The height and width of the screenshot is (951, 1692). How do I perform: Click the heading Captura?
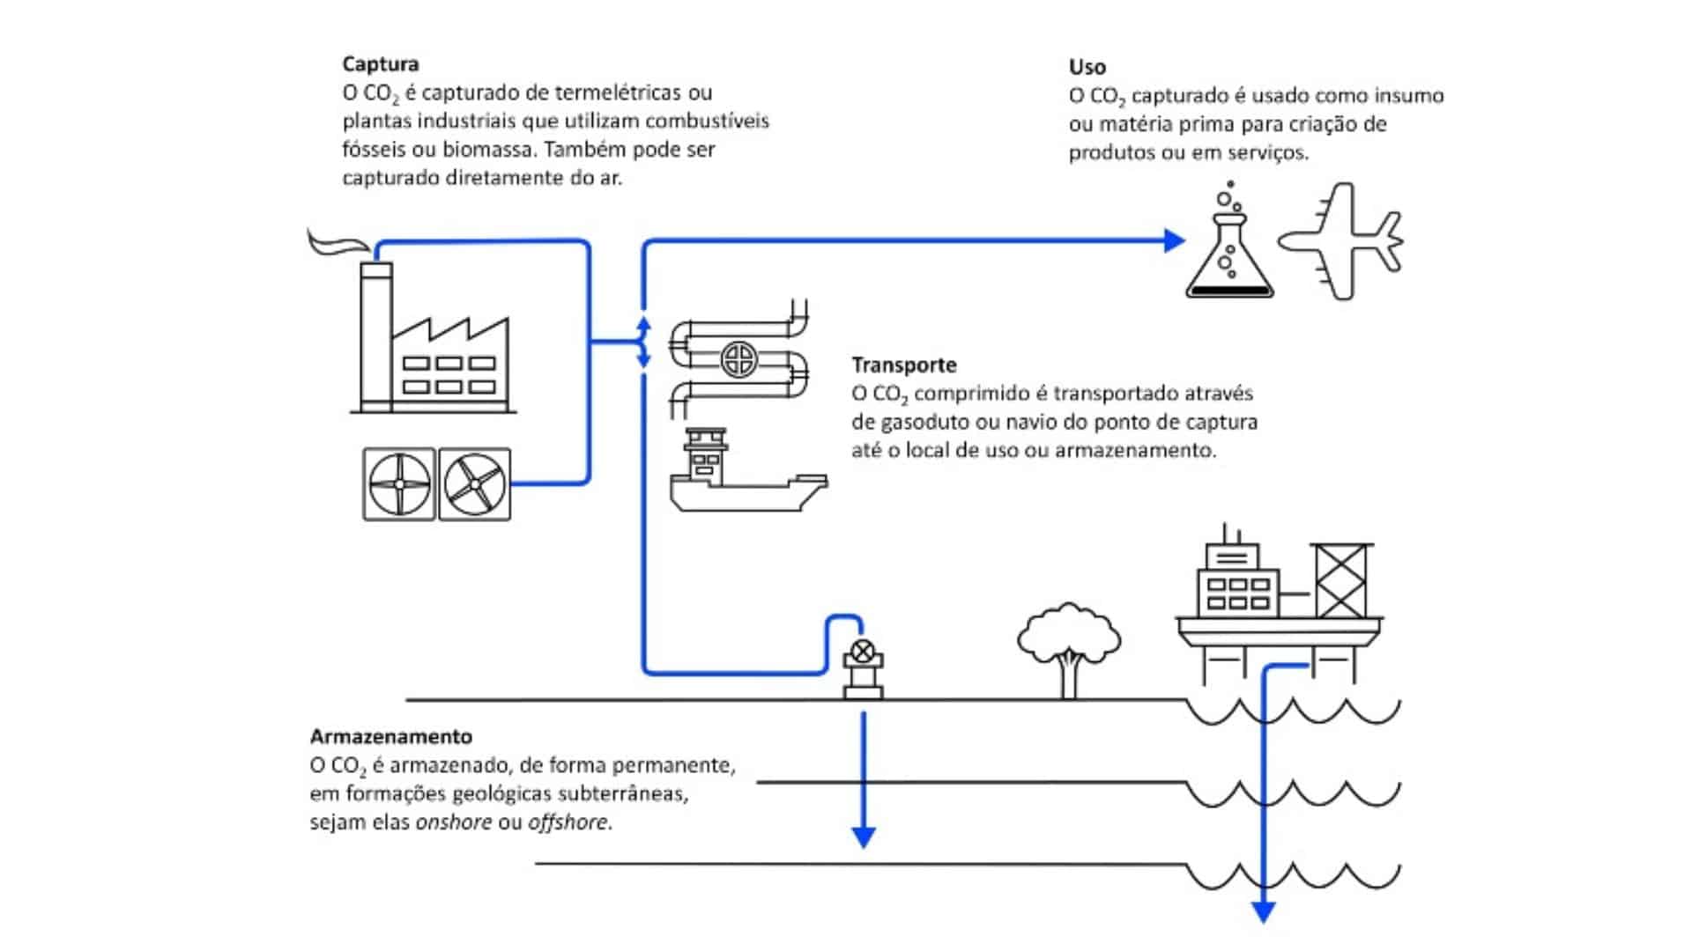(x=381, y=64)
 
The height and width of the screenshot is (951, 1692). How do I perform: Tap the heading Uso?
(x=1087, y=67)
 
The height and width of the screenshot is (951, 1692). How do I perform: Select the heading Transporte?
(x=903, y=365)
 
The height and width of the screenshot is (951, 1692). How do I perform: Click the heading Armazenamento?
(x=390, y=736)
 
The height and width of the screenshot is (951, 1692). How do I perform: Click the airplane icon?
(x=1341, y=241)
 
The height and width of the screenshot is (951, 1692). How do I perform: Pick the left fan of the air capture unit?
(x=399, y=484)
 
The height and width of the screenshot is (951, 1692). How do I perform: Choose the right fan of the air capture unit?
(x=475, y=484)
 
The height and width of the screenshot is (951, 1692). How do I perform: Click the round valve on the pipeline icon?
(x=738, y=358)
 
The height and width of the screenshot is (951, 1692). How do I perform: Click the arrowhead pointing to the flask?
(x=1174, y=240)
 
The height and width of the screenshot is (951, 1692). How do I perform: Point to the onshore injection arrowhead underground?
(x=864, y=837)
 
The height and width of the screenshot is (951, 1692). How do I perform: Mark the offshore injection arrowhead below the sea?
(x=1264, y=912)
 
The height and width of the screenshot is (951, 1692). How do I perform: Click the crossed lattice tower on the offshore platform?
(x=1340, y=581)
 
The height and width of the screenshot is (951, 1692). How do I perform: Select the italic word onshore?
(x=453, y=822)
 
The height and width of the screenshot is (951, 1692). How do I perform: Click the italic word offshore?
(x=568, y=822)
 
